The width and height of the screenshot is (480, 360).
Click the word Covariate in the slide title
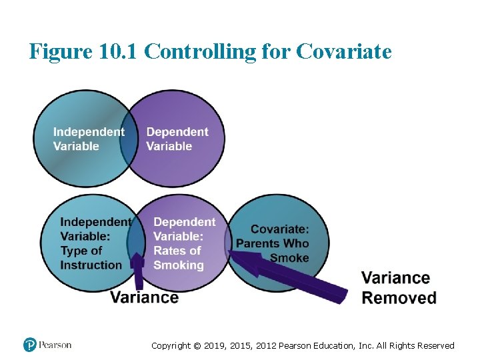[344, 51]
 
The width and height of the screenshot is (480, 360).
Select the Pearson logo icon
[29, 345]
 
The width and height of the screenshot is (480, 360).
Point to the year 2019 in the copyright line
[215, 345]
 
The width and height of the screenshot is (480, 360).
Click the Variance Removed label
[399, 287]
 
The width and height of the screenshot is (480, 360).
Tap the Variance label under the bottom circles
[144, 297]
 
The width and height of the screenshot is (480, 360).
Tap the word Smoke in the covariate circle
[289, 258]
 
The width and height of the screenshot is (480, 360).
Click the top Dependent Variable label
[177, 139]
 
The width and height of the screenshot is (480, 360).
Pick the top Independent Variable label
[88, 139]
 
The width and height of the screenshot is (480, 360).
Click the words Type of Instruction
[91, 257]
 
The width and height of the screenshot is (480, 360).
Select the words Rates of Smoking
[178, 257]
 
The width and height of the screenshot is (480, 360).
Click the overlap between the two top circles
[129, 139]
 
